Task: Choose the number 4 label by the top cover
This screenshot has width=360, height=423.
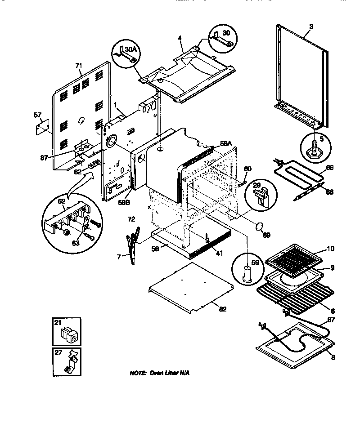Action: (179, 39)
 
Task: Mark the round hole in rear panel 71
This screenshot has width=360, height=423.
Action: (81, 120)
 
